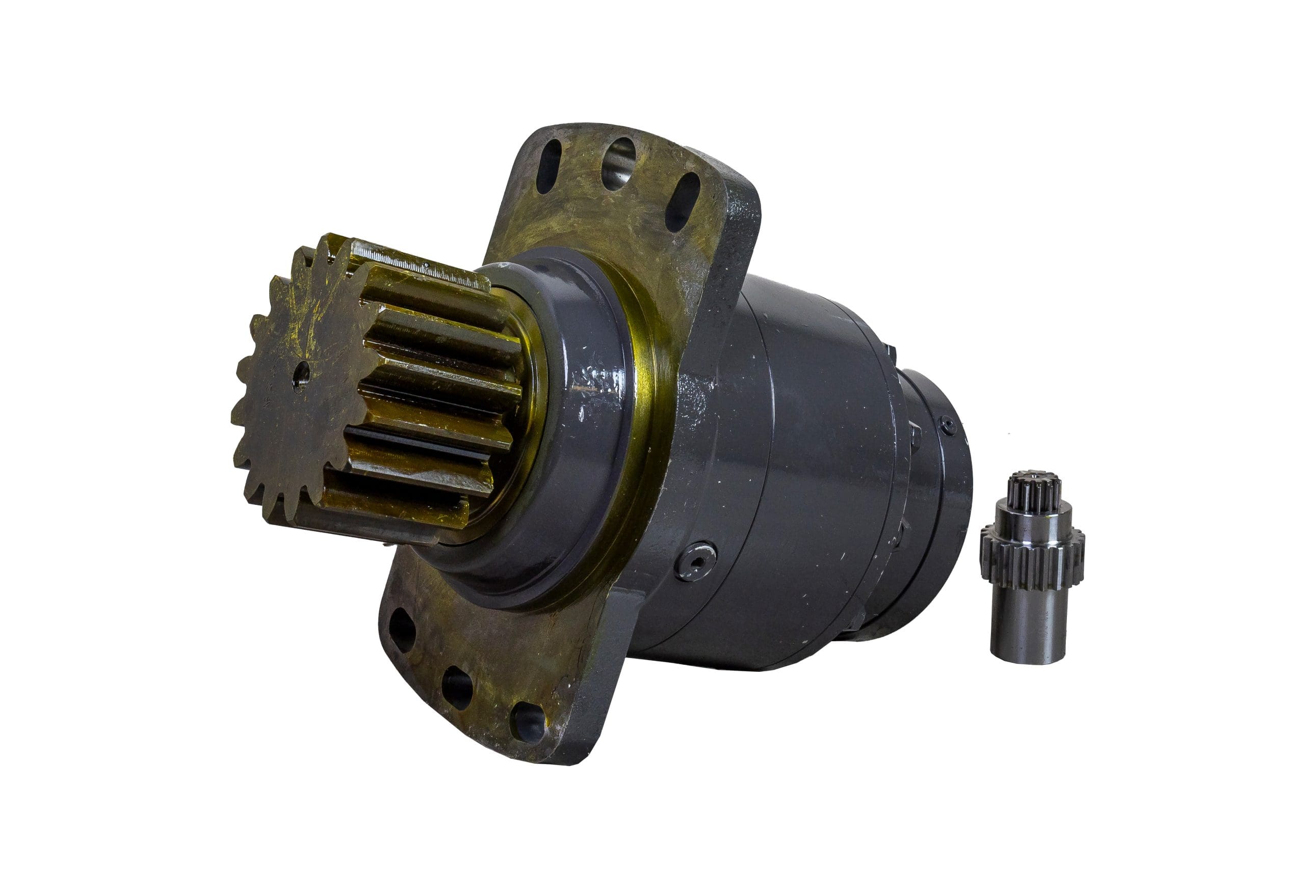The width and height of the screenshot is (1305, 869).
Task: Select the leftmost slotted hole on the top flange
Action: click(x=549, y=166)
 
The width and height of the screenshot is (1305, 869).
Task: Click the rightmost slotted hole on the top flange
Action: click(x=682, y=202)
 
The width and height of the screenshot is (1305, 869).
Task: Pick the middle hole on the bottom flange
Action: click(x=456, y=687)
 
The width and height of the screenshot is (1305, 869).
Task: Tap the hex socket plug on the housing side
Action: click(x=696, y=561)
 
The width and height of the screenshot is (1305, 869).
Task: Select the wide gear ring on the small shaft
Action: click(x=1031, y=557)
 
